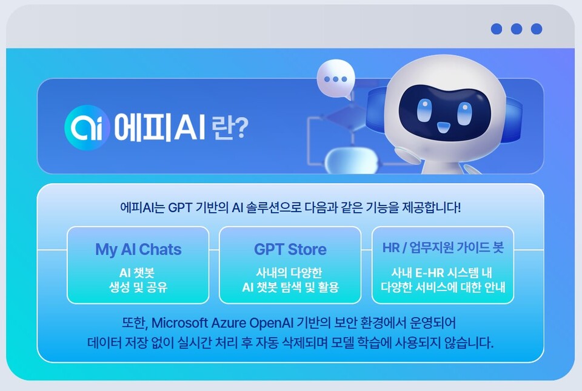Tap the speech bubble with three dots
335,79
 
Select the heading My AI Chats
138,249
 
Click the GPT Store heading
290,249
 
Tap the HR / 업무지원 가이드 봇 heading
443,249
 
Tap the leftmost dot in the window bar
497,28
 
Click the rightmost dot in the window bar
536,28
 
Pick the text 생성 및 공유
138,287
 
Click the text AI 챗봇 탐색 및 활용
290,287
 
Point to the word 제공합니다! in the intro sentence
432,207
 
